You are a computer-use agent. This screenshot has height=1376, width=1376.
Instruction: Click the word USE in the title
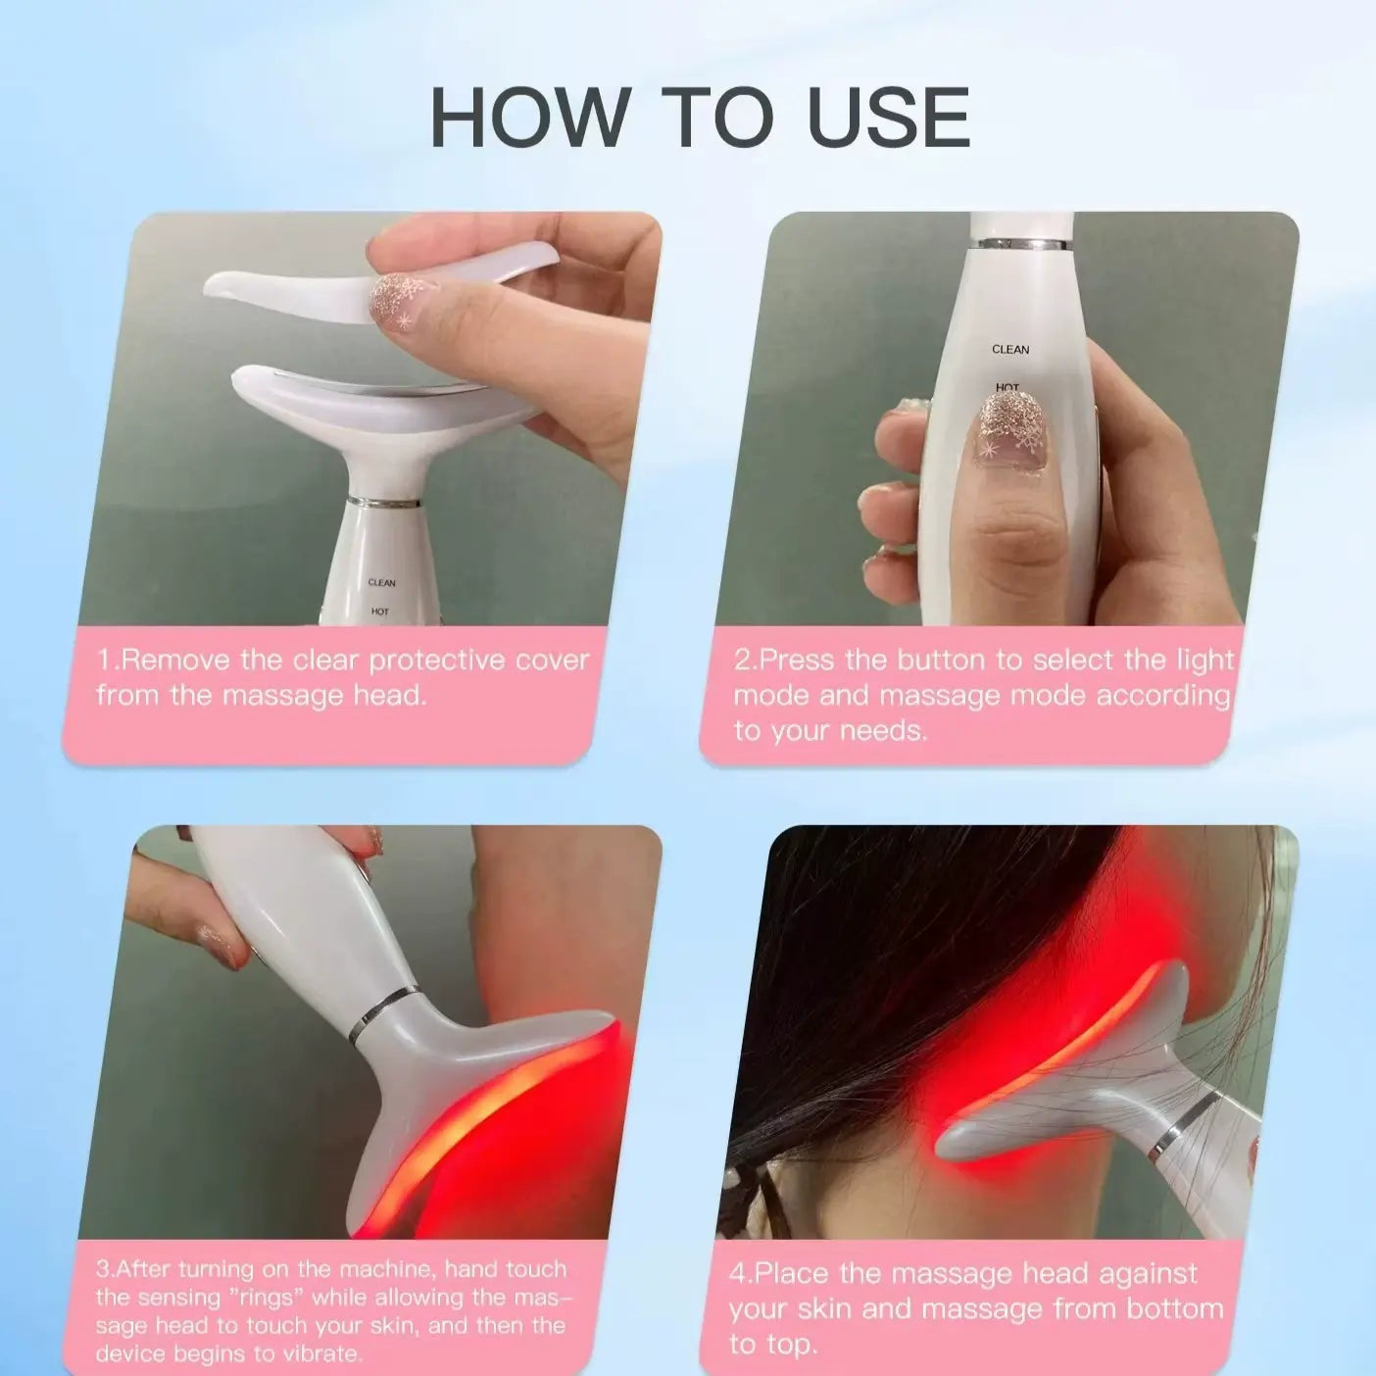pyautogui.click(x=887, y=118)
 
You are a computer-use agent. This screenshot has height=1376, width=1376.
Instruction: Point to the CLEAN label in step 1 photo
pyautogui.click(x=381, y=583)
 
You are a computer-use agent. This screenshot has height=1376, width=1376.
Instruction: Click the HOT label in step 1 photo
pyautogui.click(x=379, y=612)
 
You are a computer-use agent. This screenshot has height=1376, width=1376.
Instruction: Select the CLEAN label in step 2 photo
pyautogui.click(x=1010, y=350)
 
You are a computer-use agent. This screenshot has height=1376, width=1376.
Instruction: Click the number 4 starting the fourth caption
pyautogui.click(x=737, y=1274)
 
